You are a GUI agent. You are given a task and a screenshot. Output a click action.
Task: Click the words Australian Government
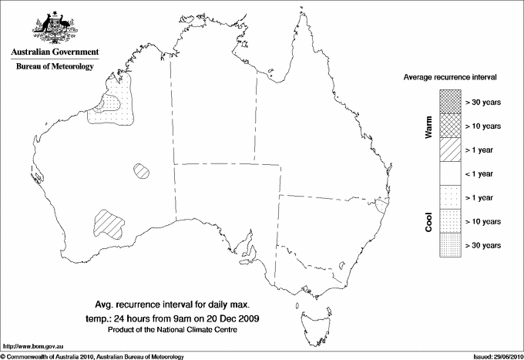[x=55, y=52]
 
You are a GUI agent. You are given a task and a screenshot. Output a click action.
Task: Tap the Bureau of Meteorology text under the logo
[x=55, y=67]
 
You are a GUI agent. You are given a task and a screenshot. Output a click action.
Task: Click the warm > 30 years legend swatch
[x=451, y=101]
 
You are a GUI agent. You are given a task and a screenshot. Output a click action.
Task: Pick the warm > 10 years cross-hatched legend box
[x=451, y=125]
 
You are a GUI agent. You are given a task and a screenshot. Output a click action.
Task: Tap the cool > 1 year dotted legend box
[x=451, y=197]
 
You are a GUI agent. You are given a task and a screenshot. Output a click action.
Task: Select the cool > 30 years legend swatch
[x=451, y=245]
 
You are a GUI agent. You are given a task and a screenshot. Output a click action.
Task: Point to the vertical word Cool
[x=429, y=222]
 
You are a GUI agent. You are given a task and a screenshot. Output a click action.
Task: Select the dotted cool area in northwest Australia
[x=113, y=108]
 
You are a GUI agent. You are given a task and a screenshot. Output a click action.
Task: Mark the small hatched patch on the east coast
[x=381, y=206]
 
